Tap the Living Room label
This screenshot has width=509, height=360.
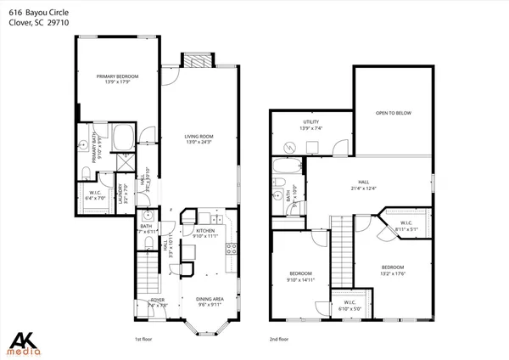click(200, 138)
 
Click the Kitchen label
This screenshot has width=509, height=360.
click(207, 232)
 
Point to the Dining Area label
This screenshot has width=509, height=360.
click(210, 301)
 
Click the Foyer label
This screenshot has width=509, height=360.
click(159, 301)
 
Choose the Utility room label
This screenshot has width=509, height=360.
click(310, 125)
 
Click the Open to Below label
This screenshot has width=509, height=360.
click(394, 112)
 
